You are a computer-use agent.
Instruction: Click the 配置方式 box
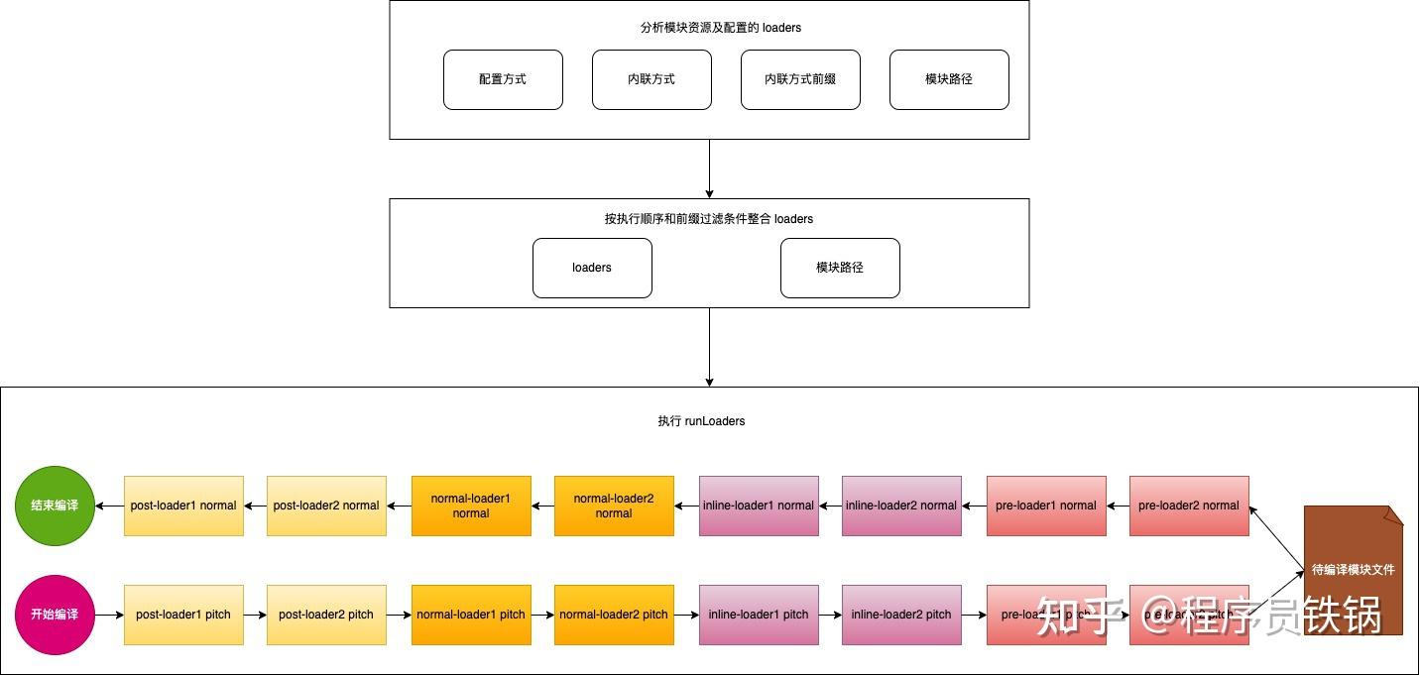click(x=503, y=79)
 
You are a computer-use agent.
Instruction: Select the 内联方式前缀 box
click(x=800, y=79)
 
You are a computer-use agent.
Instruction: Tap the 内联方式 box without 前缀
click(x=651, y=79)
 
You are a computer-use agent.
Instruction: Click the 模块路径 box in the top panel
click(x=949, y=79)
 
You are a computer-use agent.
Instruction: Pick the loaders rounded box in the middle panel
click(x=592, y=268)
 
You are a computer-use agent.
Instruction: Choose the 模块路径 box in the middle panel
click(x=840, y=268)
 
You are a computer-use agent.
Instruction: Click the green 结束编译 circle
click(x=55, y=506)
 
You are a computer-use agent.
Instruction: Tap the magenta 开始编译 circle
click(x=55, y=615)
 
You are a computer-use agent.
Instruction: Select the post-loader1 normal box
click(x=183, y=506)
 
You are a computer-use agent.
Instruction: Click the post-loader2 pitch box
click(x=326, y=615)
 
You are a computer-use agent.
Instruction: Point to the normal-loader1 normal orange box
click(x=471, y=506)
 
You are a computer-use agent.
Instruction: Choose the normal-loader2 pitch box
click(x=614, y=615)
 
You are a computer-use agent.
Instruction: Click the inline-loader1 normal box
click(x=759, y=506)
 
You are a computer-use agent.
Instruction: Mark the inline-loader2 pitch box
click(x=901, y=615)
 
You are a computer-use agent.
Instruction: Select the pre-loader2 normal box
click(x=1189, y=506)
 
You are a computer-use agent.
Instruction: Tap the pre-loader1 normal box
click(x=1046, y=506)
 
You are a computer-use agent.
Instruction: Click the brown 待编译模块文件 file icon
click(x=1353, y=570)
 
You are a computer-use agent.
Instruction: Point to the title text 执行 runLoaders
click(x=701, y=421)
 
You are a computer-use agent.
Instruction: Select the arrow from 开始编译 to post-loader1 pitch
click(x=109, y=615)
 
